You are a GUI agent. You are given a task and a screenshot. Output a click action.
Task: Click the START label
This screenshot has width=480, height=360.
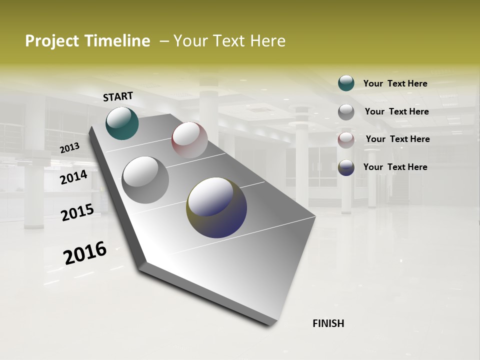(118, 96)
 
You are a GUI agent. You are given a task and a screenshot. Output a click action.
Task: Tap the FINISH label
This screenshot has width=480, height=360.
(328, 323)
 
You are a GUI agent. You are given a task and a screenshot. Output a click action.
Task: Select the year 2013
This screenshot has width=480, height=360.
(69, 147)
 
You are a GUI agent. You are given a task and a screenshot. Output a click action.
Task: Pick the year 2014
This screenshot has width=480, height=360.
(73, 177)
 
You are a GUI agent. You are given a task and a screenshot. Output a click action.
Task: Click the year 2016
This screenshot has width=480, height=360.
(85, 253)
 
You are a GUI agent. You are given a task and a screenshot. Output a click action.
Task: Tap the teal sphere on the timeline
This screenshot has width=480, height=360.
(122, 123)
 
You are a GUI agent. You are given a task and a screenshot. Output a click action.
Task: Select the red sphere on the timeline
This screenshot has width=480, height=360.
(189, 140)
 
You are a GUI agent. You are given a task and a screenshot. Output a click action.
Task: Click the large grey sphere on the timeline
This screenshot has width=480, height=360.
(145, 180)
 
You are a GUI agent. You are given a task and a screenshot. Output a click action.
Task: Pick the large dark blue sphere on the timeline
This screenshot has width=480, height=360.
(216, 207)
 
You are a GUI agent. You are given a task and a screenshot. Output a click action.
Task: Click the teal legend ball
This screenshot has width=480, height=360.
(346, 83)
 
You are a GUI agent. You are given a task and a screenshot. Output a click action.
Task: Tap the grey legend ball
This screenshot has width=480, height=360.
(346, 112)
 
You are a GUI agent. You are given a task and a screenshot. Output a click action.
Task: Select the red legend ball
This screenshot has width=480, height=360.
(346, 140)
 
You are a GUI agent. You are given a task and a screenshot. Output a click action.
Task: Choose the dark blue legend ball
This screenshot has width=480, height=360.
(346, 168)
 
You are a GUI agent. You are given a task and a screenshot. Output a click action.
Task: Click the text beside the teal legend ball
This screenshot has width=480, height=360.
(395, 83)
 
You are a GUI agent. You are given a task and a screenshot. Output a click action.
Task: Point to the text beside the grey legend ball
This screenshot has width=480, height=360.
(396, 111)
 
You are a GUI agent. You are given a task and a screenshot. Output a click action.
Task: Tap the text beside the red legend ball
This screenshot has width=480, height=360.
(397, 139)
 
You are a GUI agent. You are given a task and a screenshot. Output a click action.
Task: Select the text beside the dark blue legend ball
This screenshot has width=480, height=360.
(395, 167)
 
